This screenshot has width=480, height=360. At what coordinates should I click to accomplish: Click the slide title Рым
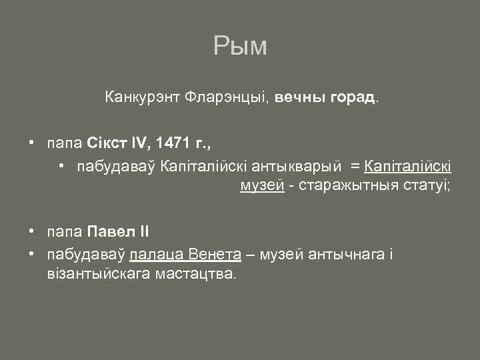(240, 46)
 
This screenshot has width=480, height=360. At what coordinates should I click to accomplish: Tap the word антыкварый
(303, 165)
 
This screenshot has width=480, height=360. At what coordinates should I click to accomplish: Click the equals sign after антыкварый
(356, 165)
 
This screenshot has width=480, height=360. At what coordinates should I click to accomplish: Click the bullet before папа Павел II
(31, 232)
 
